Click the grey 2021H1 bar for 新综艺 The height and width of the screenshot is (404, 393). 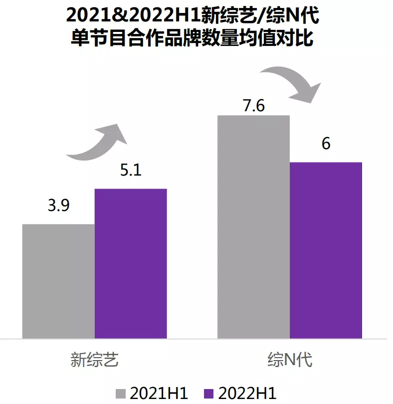[x=58, y=281]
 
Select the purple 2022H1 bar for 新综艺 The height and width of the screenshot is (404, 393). [x=131, y=264]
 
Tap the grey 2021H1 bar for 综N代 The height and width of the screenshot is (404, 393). [x=253, y=227]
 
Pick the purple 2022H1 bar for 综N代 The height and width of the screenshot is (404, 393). [x=326, y=250]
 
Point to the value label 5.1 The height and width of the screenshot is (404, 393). [x=131, y=171]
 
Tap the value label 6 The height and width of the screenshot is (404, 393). [x=326, y=144]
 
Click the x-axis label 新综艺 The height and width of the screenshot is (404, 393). [x=95, y=359]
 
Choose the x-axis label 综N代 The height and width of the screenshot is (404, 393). [x=290, y=359]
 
